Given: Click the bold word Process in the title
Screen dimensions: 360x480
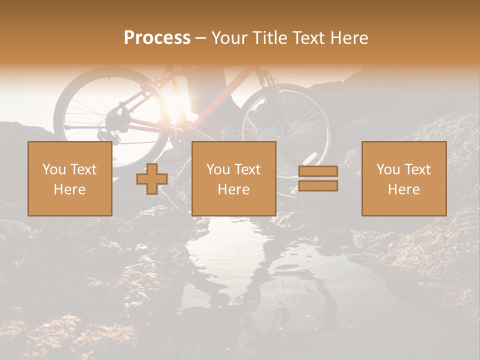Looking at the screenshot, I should point(157,38).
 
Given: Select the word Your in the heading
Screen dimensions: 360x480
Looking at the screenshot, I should point(229,38).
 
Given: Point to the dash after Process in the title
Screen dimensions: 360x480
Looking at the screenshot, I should point(201,38).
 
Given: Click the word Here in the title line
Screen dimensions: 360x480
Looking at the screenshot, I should point(348,38).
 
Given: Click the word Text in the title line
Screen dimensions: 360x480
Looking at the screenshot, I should point(307,38).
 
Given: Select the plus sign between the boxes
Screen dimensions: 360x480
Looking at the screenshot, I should point(152,179).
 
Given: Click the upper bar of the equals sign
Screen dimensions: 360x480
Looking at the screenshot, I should point(318,171).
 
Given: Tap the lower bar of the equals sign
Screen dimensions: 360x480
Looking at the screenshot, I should point(318,186).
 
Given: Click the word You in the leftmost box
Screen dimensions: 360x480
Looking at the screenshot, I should point(53,169).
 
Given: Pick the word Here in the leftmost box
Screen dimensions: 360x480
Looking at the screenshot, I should point(69,189).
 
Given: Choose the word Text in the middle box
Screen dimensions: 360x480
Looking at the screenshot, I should point(248,169).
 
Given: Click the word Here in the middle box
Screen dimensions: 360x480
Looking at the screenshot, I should point(233,189).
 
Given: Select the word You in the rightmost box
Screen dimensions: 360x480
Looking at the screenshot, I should point(387,169).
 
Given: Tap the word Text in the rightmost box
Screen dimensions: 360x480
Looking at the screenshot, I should point(418,169).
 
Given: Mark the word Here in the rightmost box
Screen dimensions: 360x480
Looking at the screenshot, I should point(403,189).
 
